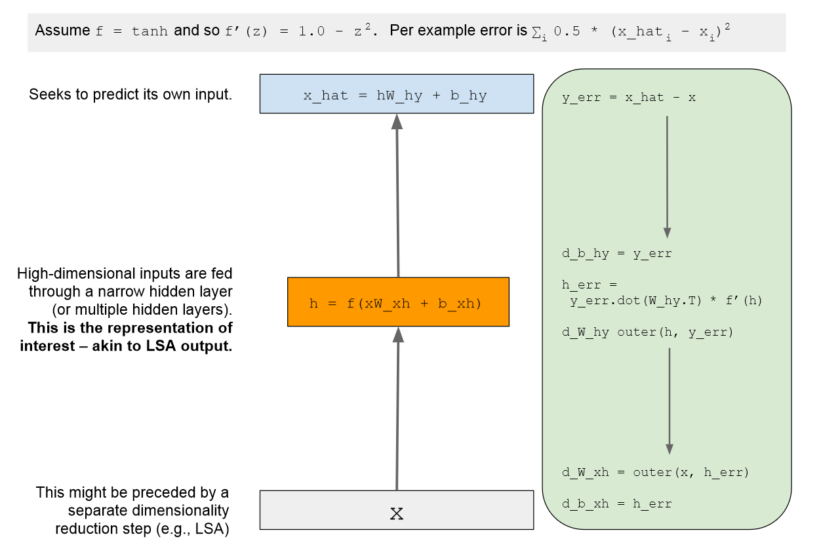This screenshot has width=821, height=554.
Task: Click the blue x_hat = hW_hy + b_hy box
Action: point(396,94)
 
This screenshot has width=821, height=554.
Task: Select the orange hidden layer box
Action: point(398,302)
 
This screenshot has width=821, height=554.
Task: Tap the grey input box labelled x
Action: point(396,510)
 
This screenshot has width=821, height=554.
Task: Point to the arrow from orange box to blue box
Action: point(397,197)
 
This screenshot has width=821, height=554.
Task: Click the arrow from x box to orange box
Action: point(397,410)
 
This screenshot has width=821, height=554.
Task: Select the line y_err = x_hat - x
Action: point(628,98)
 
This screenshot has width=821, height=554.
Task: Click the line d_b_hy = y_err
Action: point(616,253)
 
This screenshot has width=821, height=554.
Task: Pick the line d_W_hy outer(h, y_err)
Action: point(647,332)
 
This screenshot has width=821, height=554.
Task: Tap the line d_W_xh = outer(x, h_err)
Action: point(655,472)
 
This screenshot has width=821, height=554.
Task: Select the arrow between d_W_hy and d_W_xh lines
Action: point(669,400)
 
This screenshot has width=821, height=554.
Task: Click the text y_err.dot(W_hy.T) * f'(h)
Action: point(666,301)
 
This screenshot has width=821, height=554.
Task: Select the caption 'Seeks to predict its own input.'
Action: point(130,94)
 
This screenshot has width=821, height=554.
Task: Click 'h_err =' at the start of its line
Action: point(590,285)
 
